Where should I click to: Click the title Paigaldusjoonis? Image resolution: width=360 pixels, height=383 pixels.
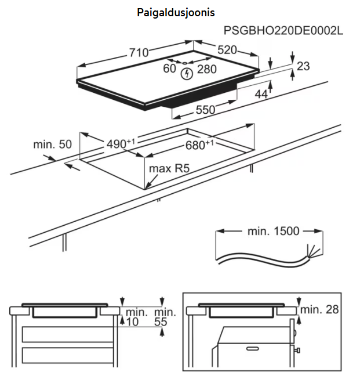point(179,12)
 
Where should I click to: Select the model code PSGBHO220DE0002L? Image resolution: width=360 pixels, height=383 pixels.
point(283,30)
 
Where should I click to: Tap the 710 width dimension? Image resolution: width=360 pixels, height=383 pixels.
point(139,53)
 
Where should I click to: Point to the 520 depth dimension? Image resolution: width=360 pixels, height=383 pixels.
point(227,50)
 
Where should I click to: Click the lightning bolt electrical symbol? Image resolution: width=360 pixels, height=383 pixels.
point(187,74)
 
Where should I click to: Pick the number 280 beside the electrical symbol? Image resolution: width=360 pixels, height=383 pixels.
point(206,70)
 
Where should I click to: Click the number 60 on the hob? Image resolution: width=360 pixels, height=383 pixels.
point(169,69)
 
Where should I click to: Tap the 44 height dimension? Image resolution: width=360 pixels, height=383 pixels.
point(261,94)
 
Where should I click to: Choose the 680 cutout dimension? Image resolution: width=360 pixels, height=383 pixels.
point(199,145)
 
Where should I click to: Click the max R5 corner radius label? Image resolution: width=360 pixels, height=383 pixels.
point(170,169)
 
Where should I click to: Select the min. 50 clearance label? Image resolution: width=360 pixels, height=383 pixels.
point(52,144)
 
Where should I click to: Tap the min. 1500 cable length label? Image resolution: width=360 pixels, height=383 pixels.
point(273,231)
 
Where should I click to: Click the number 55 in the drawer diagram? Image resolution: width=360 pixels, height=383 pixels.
point(162,321)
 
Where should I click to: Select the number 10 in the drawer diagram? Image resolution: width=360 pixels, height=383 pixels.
point(133,321)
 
